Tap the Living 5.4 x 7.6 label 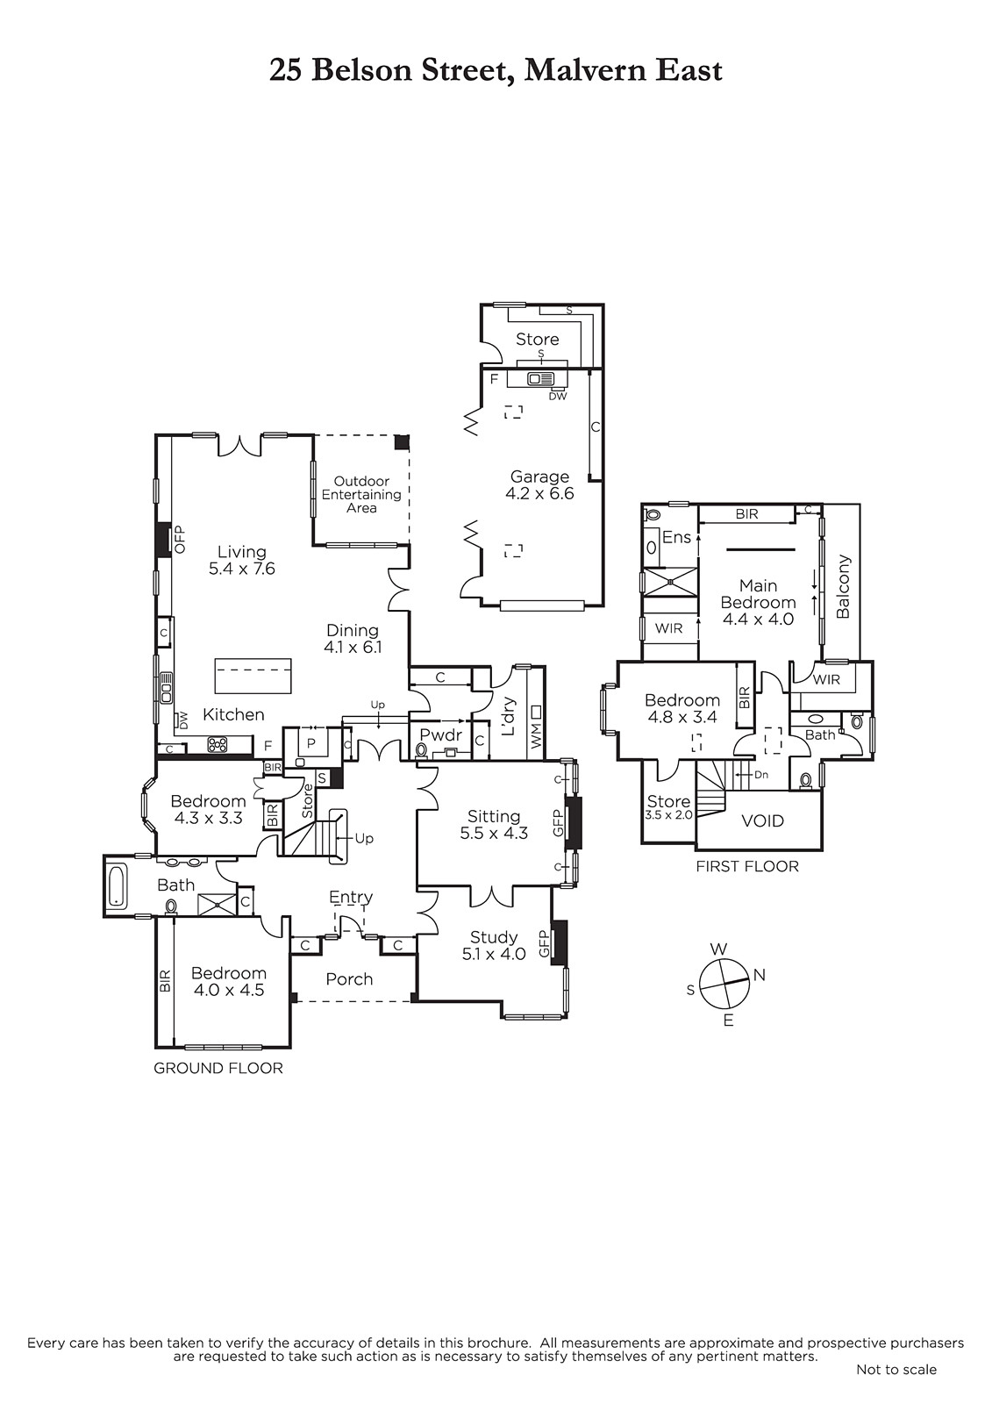tap(242, 560)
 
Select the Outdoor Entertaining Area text tap(361, 494)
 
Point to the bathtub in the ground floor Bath tap(118, 885)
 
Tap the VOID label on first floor tap(763, 820)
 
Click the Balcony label tap(843, 586)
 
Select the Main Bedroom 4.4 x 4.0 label tap(759, 602)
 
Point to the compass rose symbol tap(724, 984)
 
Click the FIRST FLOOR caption tap(747, 866)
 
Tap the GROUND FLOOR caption tap(218, 1068)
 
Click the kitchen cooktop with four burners tap(218, 745)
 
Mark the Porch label tap(349, 979)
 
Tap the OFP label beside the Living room tap(181, 539)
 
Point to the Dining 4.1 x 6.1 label tap(353, 638)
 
